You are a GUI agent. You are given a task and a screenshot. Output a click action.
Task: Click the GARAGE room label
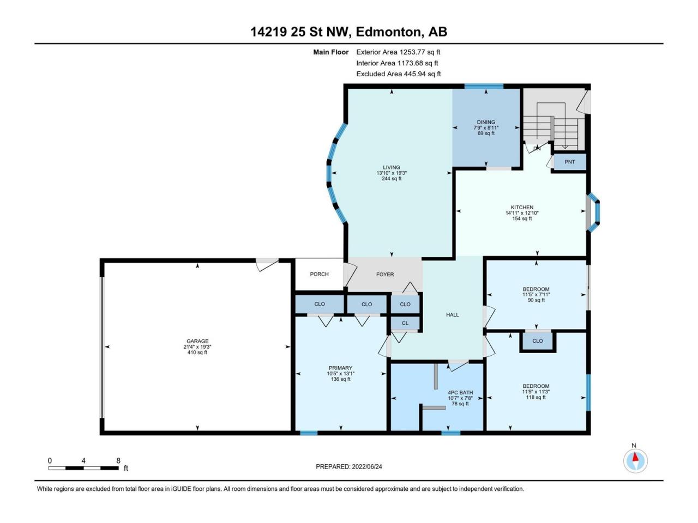[x=197, y=341]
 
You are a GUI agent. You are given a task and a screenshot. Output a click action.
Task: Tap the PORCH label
[x=319, y=274]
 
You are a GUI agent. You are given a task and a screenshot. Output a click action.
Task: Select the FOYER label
[x=385, y=275]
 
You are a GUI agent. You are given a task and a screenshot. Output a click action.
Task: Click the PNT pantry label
[x=569, y=162]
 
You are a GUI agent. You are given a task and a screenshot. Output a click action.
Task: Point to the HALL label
[x=452, y=315]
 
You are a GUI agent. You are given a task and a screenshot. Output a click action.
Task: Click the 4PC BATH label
[x=460, y=392]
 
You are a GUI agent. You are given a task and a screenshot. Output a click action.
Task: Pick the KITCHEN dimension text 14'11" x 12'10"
[x=522, y=213]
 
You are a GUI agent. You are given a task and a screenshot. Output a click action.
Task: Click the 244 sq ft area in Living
[x=392, y=179]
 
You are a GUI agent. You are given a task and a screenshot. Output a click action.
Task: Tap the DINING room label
[x=486, y=122]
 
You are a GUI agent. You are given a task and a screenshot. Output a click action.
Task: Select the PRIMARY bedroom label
[x=341, y=368]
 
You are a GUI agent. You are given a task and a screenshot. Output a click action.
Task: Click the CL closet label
[x=405, y=323]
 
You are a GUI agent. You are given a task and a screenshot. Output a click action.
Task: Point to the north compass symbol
[x=635, y=461]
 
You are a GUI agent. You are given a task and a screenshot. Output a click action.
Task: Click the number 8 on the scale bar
[x=118, y=460]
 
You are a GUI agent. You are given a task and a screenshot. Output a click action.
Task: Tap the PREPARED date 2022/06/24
[x=366, y=466]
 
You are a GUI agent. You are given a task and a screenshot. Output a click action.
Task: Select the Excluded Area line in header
[x=399, y=74]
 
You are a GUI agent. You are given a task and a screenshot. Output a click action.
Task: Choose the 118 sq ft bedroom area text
[x=536, y=397]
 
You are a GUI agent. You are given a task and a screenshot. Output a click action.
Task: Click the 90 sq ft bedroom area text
[x=536, y=300]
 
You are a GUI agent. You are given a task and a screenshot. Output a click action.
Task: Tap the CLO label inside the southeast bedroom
[x=538, y=340]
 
